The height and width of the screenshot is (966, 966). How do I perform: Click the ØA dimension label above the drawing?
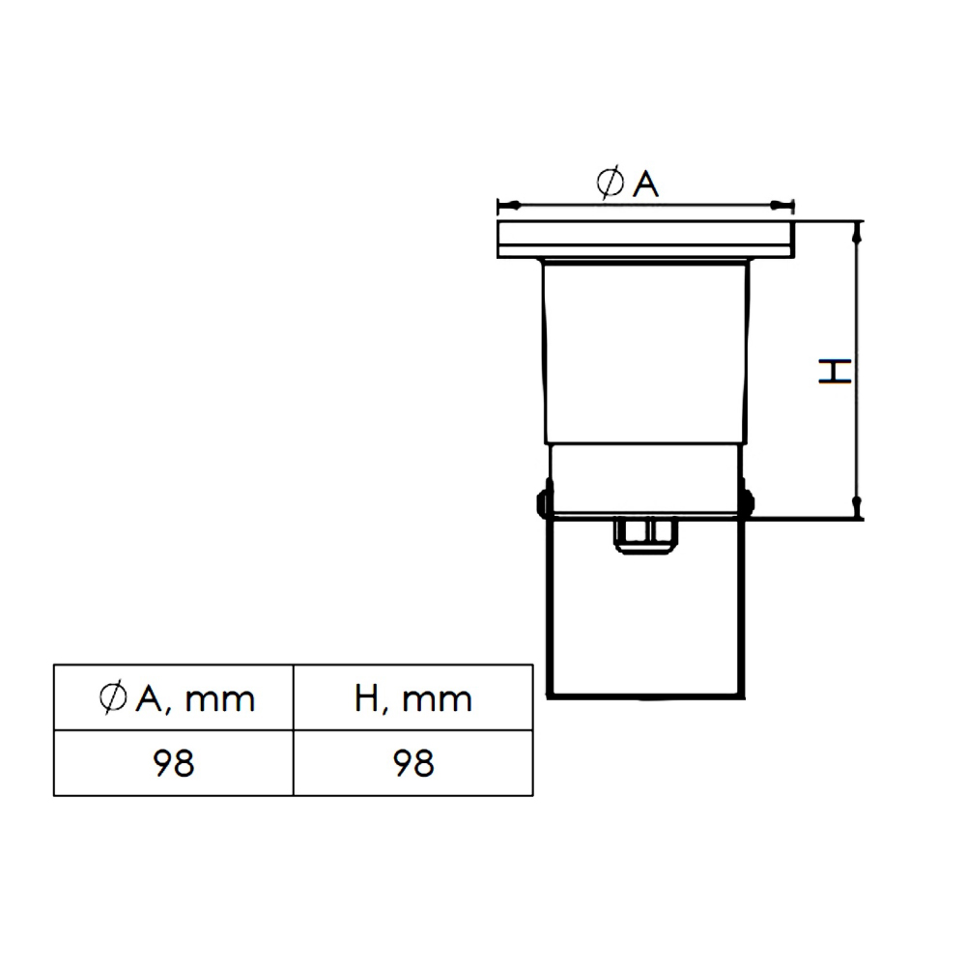(x=627, y=183)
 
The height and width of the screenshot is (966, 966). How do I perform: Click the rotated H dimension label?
(x=835, y=372)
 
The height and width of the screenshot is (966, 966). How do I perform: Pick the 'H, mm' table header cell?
(x=413, y=698)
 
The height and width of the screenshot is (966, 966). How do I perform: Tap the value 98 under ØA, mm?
(x=174, y=763)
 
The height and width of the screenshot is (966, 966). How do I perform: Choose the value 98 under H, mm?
(x=413, y=763)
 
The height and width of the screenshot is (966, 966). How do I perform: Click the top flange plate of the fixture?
(x=645, y=239)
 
